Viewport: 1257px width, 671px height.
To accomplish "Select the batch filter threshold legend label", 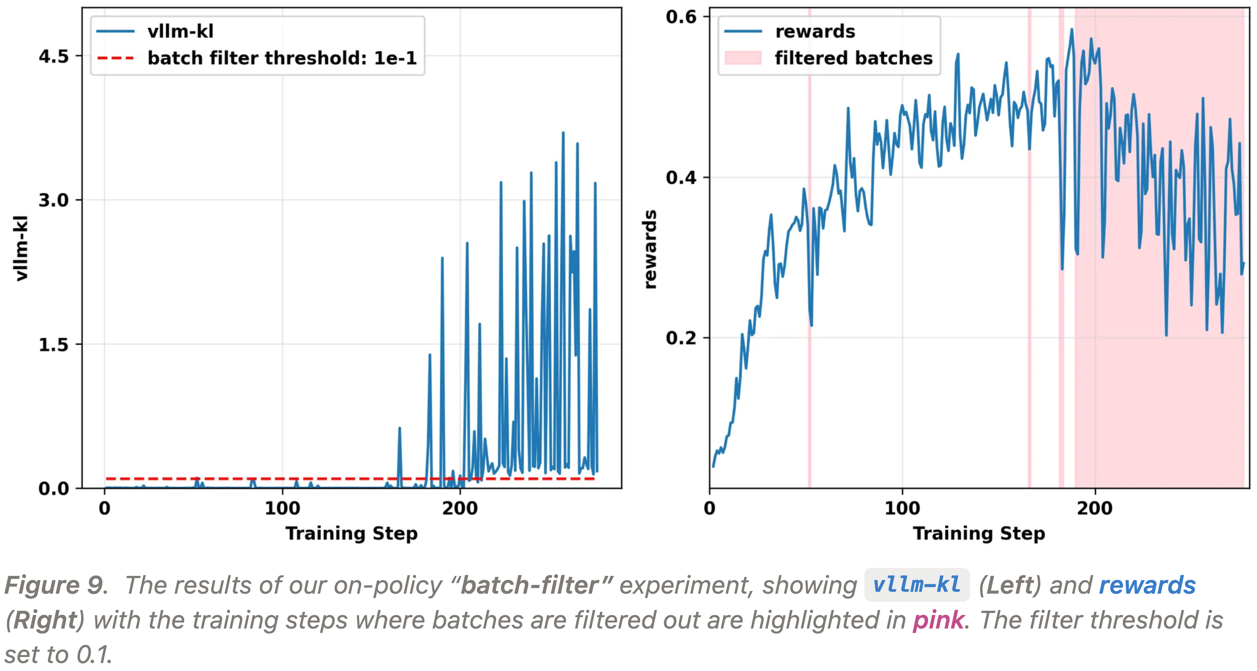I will click(x=282, y=58).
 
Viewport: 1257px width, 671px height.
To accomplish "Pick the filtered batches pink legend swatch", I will click(x=743, y=58).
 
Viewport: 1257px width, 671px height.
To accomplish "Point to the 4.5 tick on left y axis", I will click(x=54, y=56).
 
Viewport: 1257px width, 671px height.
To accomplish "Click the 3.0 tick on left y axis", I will click(x=54, y=200).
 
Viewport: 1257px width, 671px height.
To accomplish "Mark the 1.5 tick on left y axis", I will click(x=54, y=345).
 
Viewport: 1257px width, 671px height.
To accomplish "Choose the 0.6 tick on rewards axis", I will click(x=681, y=17).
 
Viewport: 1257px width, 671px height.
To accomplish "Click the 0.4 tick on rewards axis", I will click(x=681, y=177).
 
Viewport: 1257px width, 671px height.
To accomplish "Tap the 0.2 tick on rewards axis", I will click(x=681, y=338).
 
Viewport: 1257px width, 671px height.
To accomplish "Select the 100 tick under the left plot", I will click(x=282, y=508).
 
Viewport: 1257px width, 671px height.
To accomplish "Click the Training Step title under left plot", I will click(x=351, y=533).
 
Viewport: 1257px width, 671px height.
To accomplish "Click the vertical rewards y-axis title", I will click(x=650, y=249).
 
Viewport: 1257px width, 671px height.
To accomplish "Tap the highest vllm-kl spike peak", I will click(x=563, y=133).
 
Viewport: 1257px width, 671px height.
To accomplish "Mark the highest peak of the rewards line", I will click(x=1072, y=29).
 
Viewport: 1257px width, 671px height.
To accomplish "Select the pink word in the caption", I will click(x=938, y=620).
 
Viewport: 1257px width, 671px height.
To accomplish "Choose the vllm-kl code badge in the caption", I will click(x=916, y=585).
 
